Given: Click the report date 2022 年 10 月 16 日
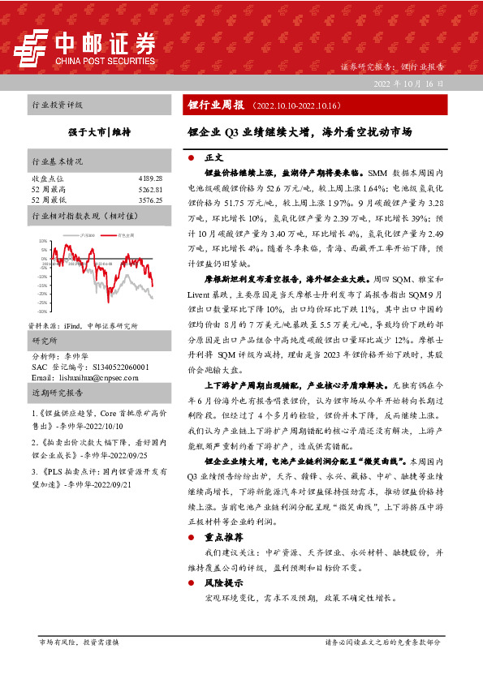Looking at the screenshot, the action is click(408, 84).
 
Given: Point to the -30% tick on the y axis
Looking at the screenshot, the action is click(41, 311).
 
